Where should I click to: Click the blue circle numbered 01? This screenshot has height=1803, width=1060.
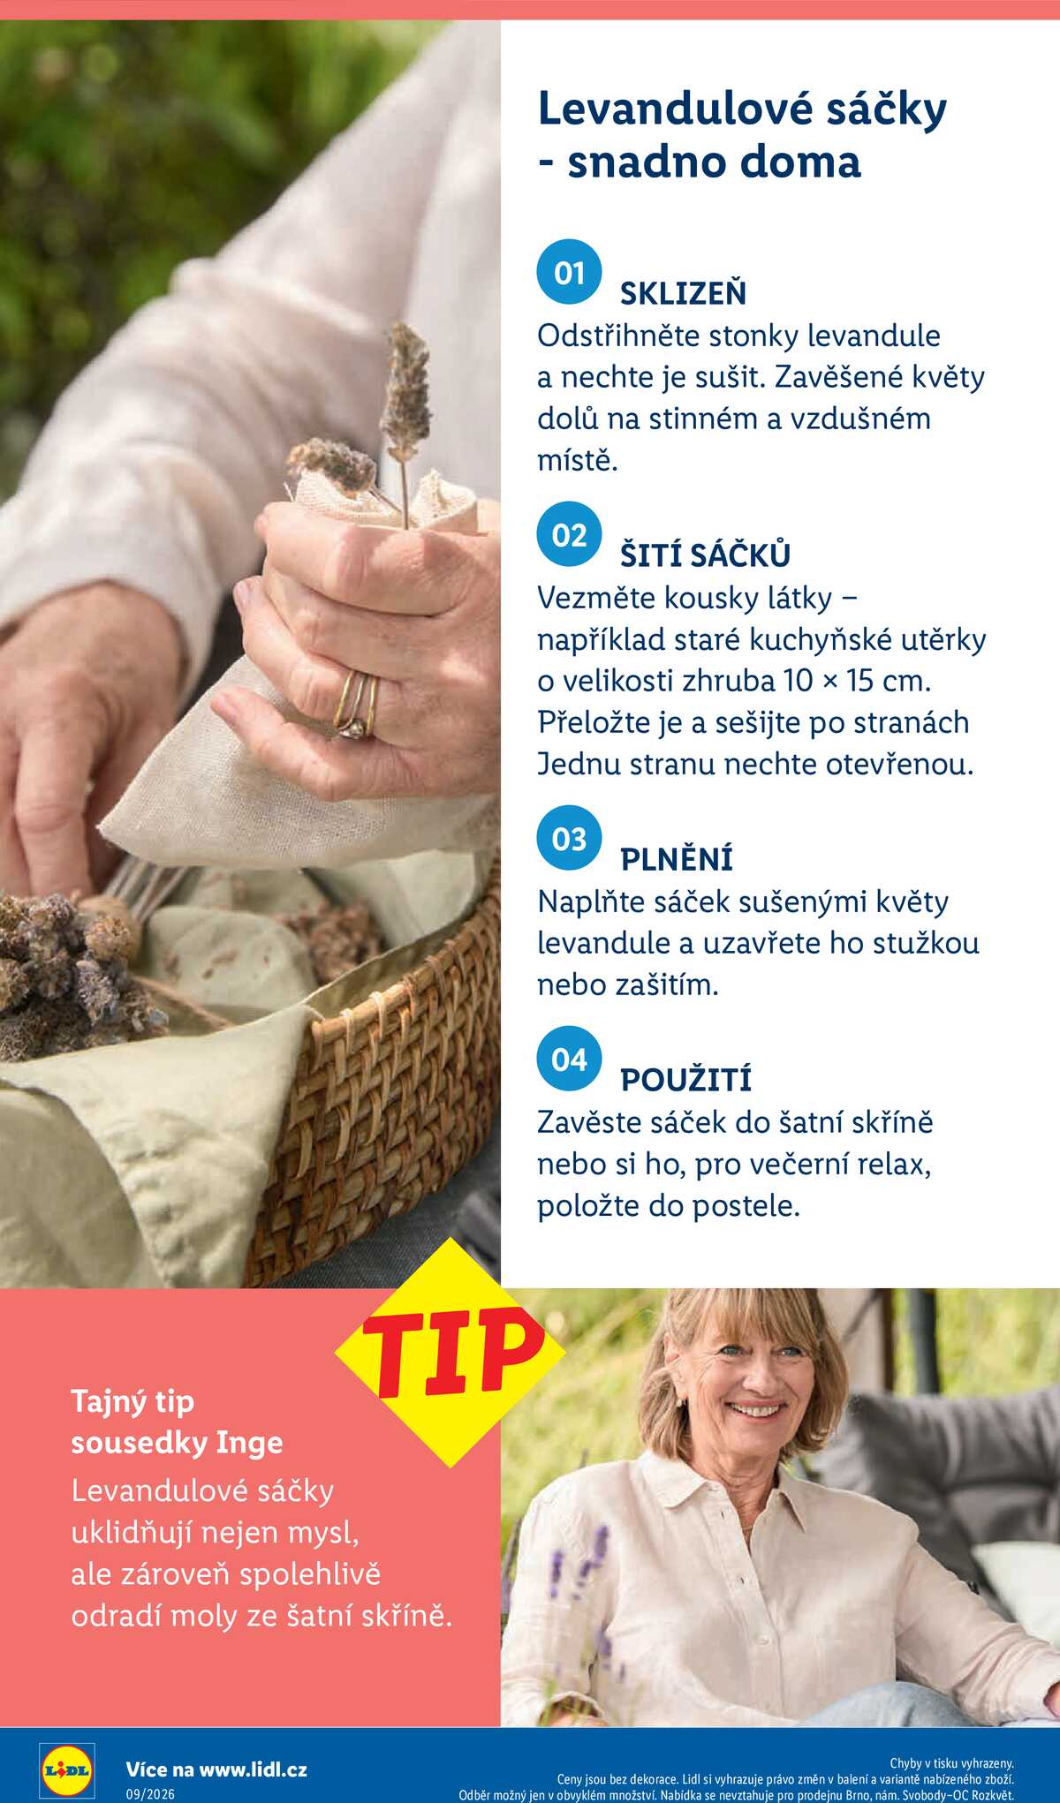point(569,272)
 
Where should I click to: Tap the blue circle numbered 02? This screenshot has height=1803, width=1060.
point(569,534)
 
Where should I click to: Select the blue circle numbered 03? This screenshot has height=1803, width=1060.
point(569,838)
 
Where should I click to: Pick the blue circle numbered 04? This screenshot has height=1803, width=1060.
point(569,1059)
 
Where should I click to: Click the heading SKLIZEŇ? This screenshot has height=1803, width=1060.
point(683,291)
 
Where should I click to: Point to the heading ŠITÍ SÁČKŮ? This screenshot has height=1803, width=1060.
point(705,554)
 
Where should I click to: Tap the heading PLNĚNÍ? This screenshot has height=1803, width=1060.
point(677,857)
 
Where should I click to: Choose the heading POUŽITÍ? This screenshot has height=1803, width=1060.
point(685,1078)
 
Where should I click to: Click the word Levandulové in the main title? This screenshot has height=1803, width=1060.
point(675,109)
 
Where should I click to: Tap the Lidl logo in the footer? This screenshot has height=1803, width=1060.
point(67,1770)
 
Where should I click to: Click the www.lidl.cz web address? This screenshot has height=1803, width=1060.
point(253,1769)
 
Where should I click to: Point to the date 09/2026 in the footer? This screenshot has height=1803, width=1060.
point(150,1794)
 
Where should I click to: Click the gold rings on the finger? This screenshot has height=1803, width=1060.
point(357,705)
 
